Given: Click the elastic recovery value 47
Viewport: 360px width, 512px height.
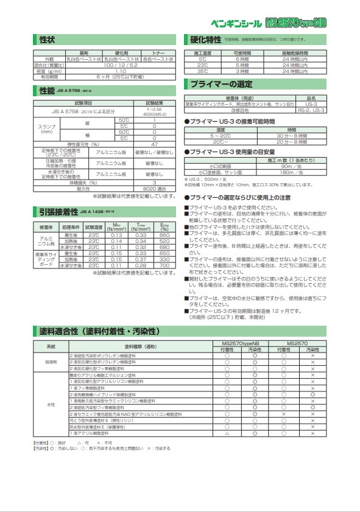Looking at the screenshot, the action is pos(154,144).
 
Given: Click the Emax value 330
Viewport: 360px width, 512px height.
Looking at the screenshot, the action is pos(164,259).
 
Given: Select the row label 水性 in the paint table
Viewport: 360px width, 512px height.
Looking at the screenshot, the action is pos(51,405).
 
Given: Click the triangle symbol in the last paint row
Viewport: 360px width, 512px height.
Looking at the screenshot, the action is pos(227,451).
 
